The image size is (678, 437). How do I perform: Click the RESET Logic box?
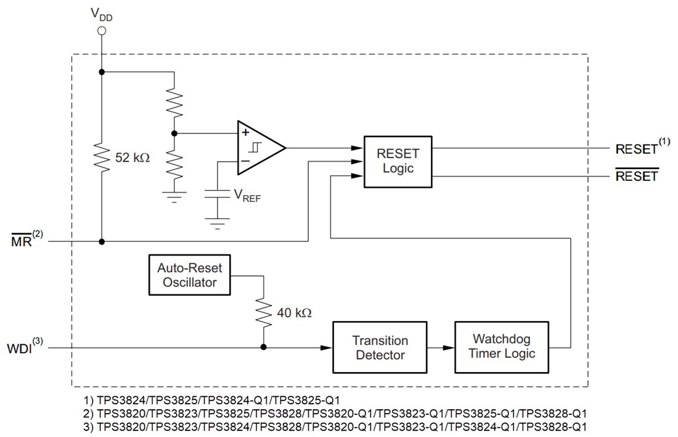tap(398, 160)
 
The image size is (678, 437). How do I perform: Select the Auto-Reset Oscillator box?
tap(189, 275)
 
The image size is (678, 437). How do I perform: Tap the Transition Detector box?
tap(380, 348)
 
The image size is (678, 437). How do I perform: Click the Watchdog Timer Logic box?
tap(501, 347)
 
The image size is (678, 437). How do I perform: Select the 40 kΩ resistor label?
tap(294, 312)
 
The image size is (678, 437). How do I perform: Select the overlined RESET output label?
tap(637, 177)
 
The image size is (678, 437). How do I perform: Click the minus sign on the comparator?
tap(245, 162)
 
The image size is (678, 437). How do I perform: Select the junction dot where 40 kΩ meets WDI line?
tap(263, 348)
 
